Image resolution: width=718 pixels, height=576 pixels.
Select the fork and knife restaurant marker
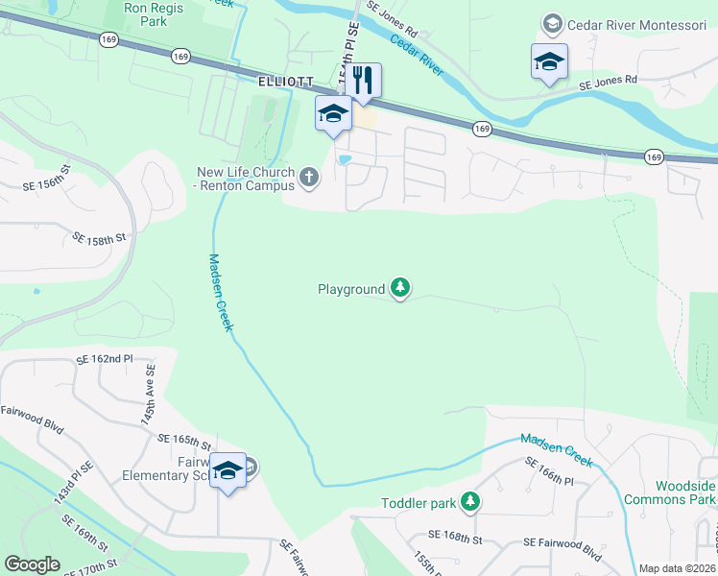(x=363, y=80)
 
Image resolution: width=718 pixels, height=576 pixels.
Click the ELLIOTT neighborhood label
(x=286, y=84)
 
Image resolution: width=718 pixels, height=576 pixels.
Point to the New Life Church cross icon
(x=308, y=176)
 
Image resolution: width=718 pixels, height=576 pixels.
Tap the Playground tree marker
(x=400, y=287)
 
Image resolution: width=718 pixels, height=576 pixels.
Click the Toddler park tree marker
(x=469, y=501)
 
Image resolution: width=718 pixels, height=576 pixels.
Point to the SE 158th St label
(x=100, y=235)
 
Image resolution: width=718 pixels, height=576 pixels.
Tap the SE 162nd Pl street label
(x=104, y=359)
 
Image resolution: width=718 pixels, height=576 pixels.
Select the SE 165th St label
(x=184, y=441)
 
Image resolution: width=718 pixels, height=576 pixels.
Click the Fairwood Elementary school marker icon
(x=228, y=470)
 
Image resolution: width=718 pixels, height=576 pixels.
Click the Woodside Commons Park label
(x=670, y=492)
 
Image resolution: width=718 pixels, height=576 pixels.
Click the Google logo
(x=32, y=564)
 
